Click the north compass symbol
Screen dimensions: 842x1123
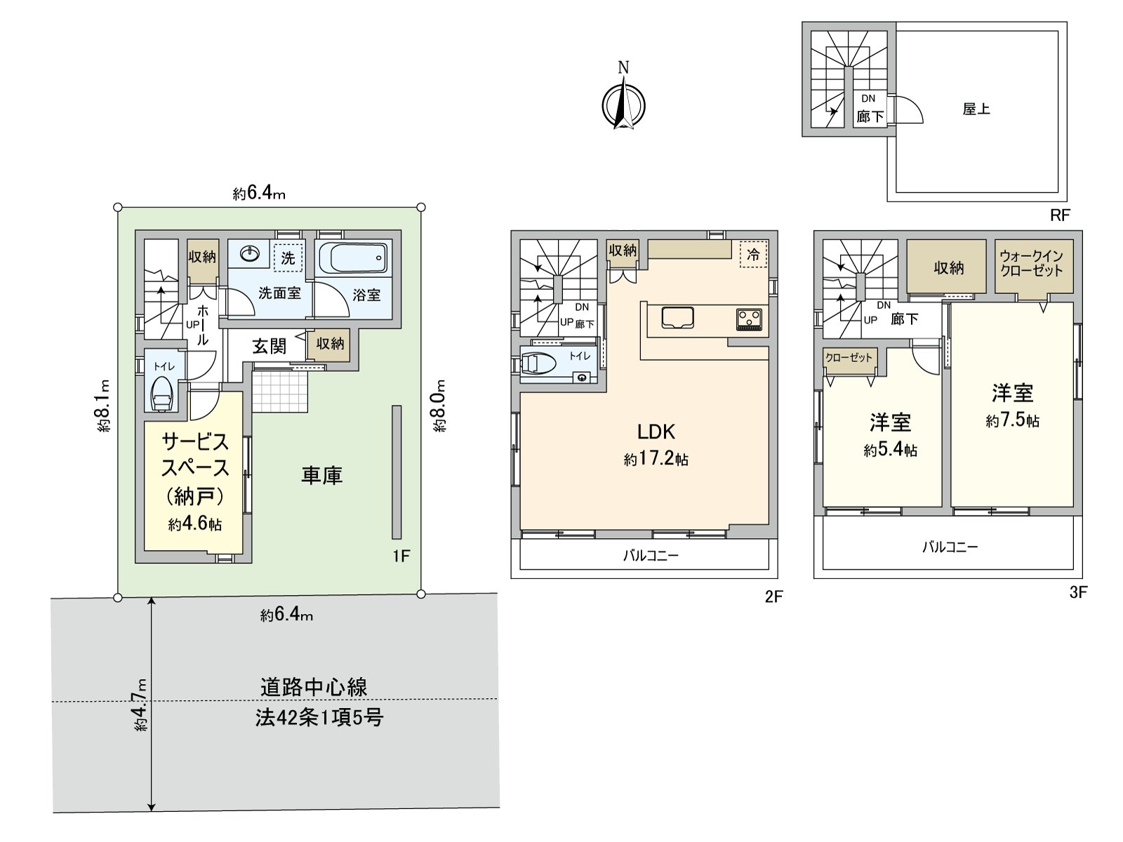[623, 106]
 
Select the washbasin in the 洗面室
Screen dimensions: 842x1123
[248, 253]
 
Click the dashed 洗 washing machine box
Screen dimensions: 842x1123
[288, 258]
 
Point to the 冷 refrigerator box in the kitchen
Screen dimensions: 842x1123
[753, 254]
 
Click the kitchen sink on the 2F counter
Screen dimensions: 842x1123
[678, 318]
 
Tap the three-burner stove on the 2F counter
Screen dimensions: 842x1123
[749, 319]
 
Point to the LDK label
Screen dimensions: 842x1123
[656, 432]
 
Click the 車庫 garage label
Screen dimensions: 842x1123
[321, 476]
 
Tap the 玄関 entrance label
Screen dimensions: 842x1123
[269, 346]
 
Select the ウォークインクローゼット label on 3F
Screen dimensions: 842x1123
[1032, 264]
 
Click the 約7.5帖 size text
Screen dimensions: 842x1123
[1012, 420]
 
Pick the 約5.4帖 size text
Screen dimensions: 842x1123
[890, 450]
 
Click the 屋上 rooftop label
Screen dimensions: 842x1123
[976, 109]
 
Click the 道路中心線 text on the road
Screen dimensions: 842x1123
[314, 686]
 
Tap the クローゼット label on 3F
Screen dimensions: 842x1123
[849, 358]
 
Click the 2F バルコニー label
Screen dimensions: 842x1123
[651, 556]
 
